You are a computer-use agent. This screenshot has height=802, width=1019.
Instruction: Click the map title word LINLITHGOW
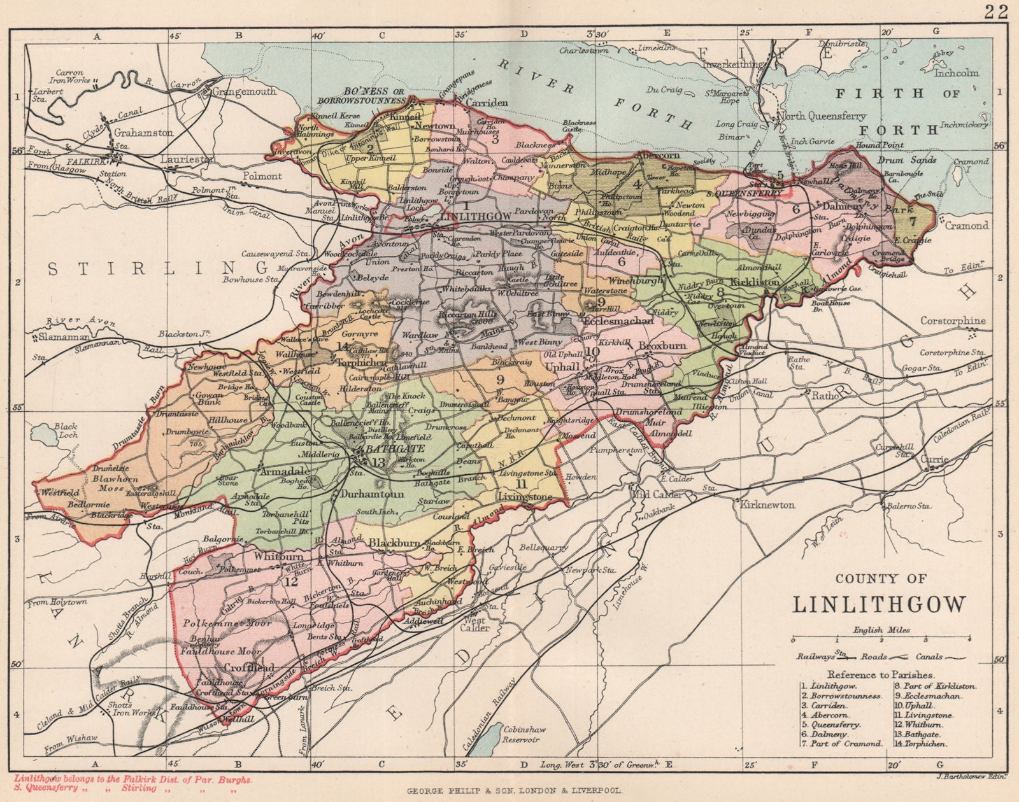coord(879,603)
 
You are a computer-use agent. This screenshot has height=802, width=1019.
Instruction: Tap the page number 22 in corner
coord(995,10)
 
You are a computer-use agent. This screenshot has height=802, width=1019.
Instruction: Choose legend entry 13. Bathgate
coord(828,733)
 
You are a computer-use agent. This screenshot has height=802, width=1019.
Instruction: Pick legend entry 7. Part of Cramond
coord(841,743)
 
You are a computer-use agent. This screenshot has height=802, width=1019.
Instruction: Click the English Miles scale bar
coord(881,638)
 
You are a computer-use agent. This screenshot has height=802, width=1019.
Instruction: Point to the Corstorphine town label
coord(952,321)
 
